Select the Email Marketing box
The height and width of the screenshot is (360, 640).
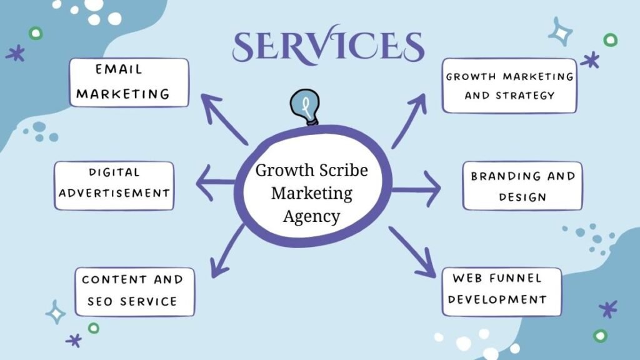129,82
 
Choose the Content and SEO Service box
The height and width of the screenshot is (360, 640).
134,291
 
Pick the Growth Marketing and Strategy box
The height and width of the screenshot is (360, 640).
509,86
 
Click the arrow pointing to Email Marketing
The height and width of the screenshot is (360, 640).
225,119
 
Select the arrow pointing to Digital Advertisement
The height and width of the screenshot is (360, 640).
216,183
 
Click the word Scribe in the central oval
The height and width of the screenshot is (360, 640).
341,171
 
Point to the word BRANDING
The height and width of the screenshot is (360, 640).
497,176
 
